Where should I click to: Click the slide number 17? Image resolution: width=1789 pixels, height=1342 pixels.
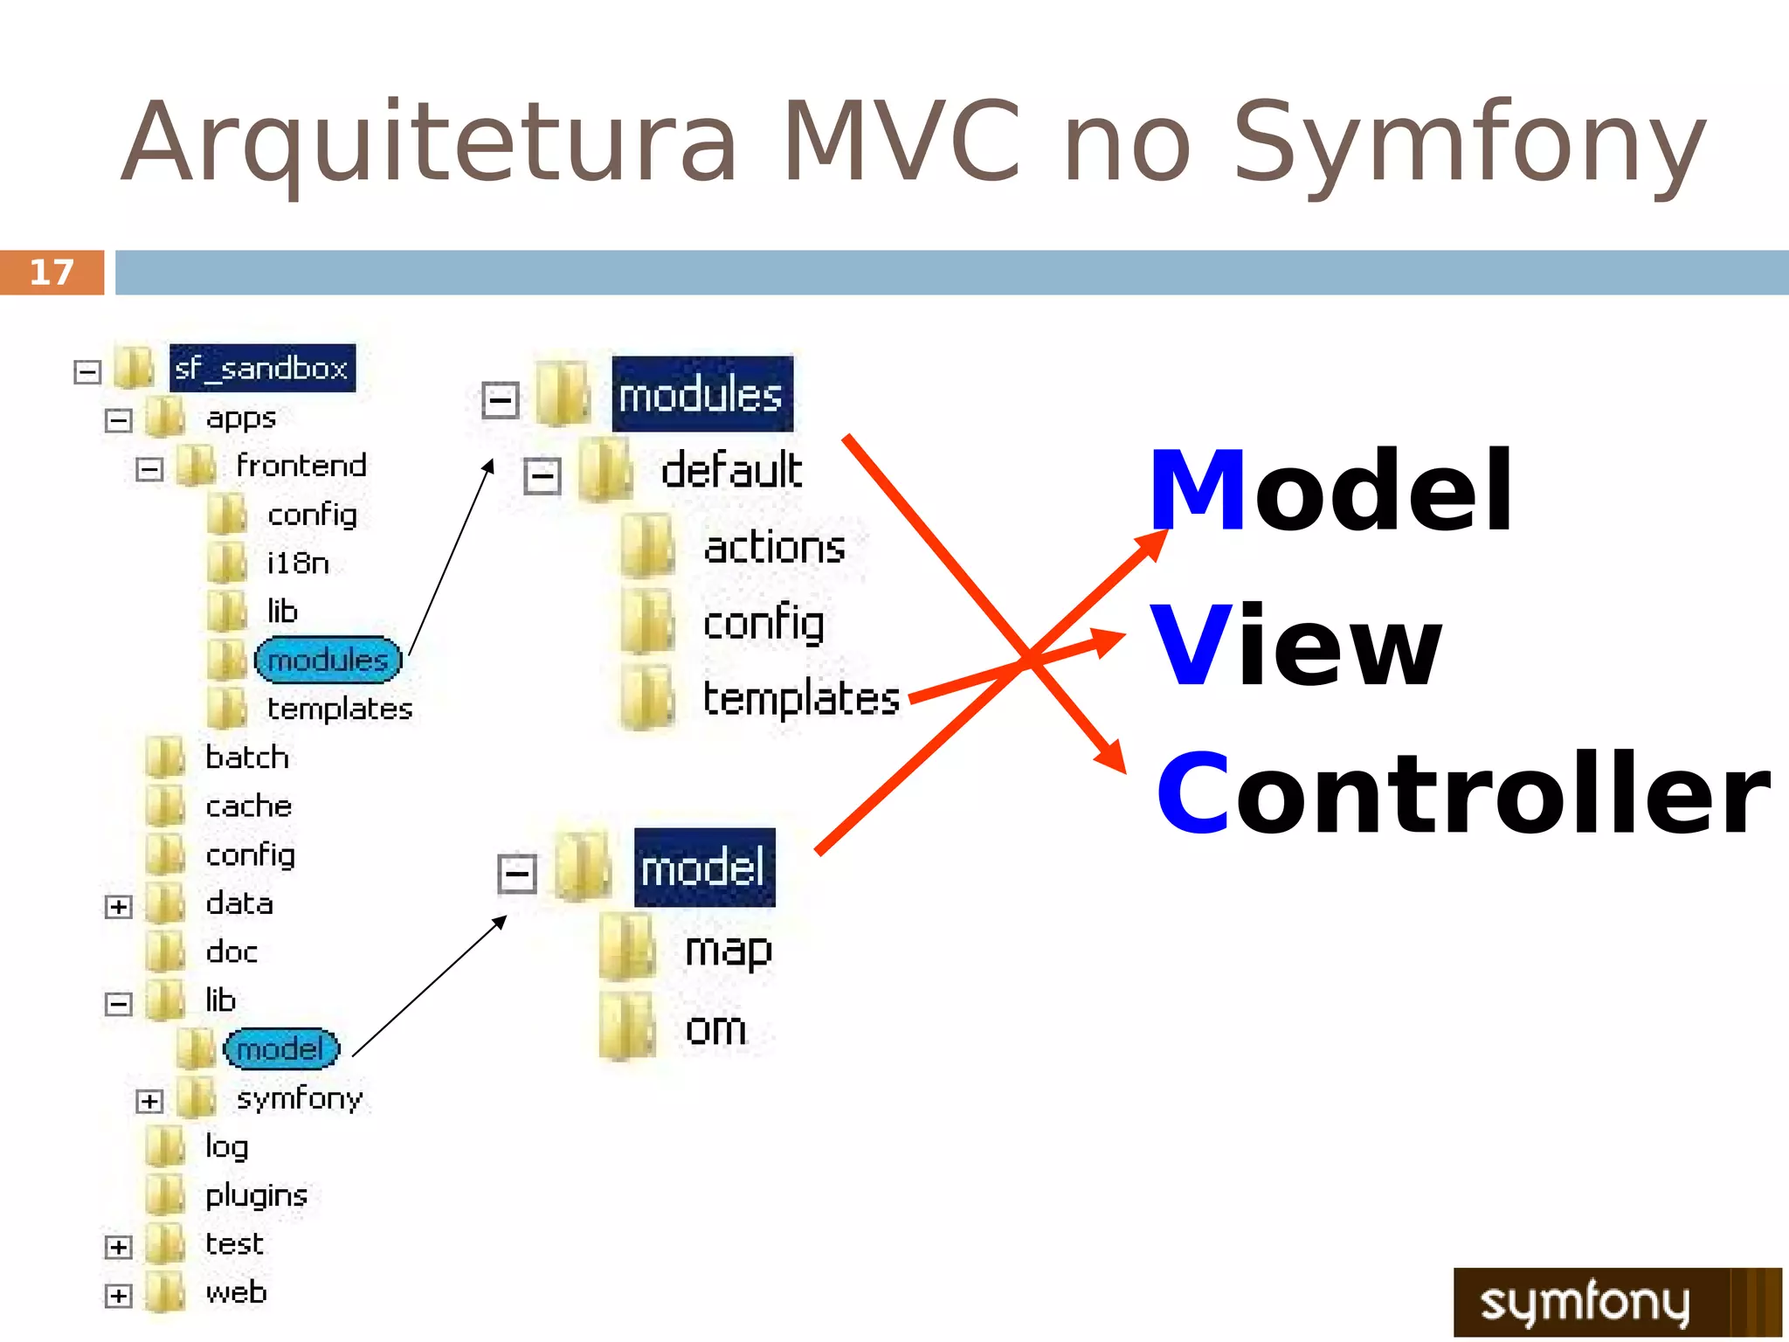(x=52, y=273)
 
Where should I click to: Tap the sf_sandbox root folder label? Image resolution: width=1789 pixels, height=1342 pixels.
(x=261, y=368)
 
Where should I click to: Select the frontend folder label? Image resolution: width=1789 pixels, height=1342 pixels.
(x=301, y=466)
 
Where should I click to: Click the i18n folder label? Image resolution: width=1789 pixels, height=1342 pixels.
(x=298, y=564)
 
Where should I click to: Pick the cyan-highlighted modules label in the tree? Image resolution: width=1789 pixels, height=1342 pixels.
(x=328, y=660)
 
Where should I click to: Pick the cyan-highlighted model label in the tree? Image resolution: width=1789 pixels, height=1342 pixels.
(x=280, y=1048)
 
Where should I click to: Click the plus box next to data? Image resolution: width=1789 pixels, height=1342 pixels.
(x=118, y=906)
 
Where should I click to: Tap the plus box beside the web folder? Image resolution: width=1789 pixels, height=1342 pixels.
(x=118, y=1295)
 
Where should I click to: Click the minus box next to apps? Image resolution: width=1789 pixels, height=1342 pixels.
(x=118, y=420)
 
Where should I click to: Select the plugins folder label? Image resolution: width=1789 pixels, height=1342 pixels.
(x=256, y=1195)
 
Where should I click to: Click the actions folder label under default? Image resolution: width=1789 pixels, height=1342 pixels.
(x=774, y=548)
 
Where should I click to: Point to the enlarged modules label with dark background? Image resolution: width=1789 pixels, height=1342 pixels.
(x=701, y=395)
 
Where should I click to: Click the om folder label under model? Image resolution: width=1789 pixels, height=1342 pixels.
(x=715, y=1029)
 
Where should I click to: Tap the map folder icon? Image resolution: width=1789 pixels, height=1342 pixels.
(x=627, y=947)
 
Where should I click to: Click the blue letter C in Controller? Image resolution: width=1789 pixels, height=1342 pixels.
(x=1192, y=793)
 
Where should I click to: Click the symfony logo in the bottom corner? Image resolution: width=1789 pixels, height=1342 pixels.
(x=1616, y=1302)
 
